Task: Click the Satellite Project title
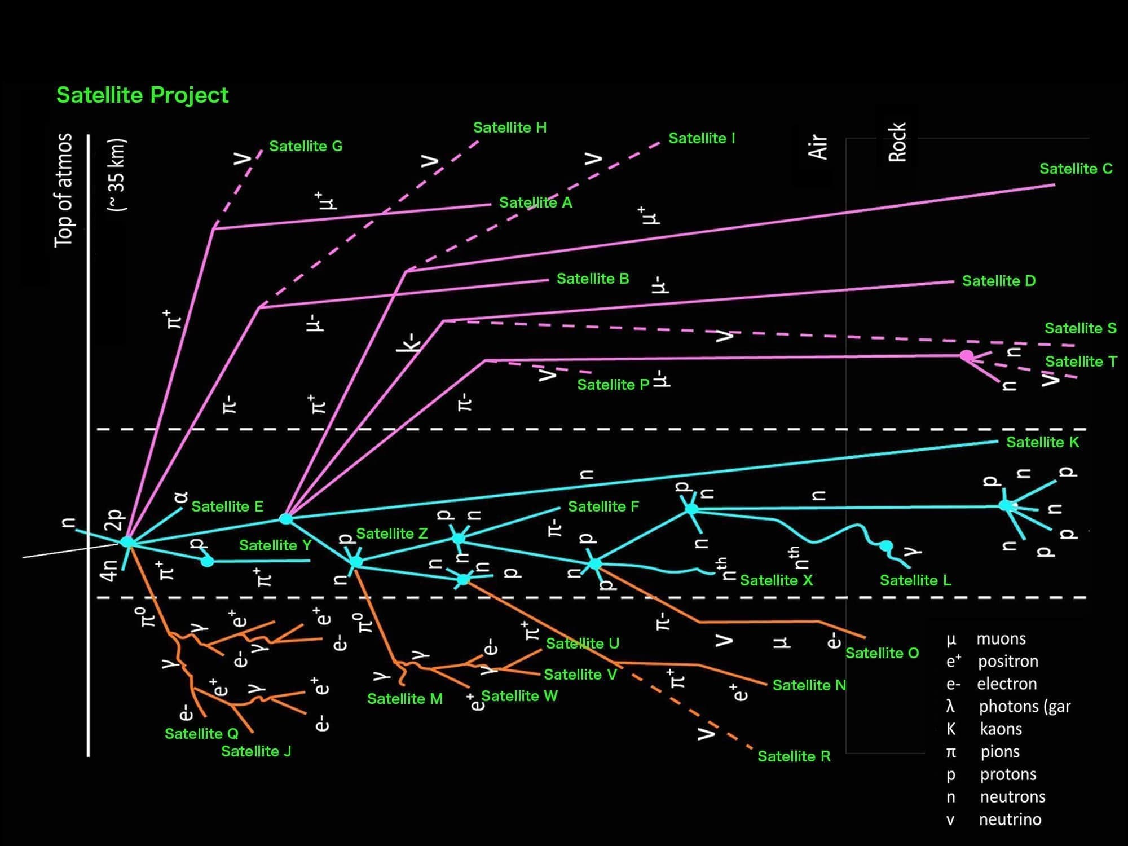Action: (x=142, y=95)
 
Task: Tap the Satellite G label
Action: (x=306, y=146)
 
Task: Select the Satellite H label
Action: (x=510, y=127)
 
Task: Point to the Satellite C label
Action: (x=1076, y=169)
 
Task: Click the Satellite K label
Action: (x=1043, y=442)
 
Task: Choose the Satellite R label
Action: (x=794, y=756)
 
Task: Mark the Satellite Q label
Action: (x=201, y=734)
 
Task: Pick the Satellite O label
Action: (x=882, y=653)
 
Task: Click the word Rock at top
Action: (x=897, y=142)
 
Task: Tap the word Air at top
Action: (x=818, y=147)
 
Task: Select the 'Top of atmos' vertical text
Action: (x=64, y=190)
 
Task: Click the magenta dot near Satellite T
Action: (x=966, y=356)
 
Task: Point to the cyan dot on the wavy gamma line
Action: (x=886, y=546)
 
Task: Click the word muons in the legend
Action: (x=1001, y=639)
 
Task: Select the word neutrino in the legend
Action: (x=1010, y=819)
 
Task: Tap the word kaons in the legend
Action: (x=1001, y=729)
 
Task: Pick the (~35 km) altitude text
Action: (x=117, y=175)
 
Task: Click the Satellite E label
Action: (x=227, y=506)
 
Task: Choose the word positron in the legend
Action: (x=1008, y=662)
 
